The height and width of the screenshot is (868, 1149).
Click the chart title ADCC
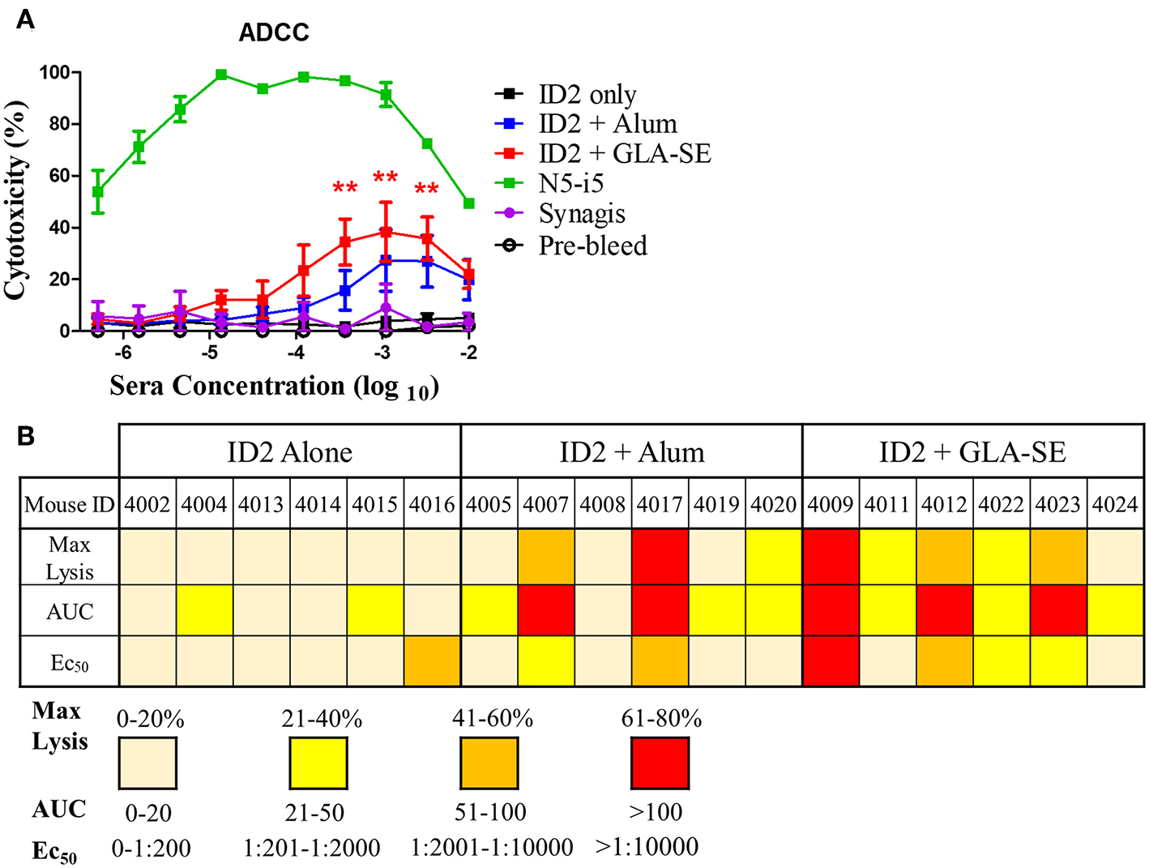[x=274, y=32]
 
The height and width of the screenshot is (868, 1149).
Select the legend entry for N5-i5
[x=570, y=184]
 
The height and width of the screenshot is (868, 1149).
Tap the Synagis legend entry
[x=581, y=214]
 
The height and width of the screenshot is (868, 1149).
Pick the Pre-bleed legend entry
[x=592, y=246]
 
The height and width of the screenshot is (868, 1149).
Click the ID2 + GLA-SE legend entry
[x=624, y=154]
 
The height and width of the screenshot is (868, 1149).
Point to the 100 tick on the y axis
[x=54, y=73]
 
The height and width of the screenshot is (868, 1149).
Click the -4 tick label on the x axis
[x=296, y=353]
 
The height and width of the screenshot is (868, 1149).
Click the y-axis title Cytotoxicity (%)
[x=15, y=200]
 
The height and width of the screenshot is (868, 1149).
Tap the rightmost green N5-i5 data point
[x=469, y=203]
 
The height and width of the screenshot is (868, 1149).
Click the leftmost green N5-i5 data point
[x=98, y=192]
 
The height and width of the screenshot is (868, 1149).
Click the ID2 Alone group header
[x=289, y=451]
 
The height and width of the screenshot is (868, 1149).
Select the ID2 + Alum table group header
[x=631, y=451]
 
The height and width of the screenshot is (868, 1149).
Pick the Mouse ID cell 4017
[x=660, y=504]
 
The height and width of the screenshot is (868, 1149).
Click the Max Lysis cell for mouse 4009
[x=831, y=557]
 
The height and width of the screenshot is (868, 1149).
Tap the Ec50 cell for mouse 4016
[x=432, y=661]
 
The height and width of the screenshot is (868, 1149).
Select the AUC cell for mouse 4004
[x=204, y=611]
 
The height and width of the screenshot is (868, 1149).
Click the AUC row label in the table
[x=70, y=611]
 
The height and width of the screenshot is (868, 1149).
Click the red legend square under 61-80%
[x=660, y=763]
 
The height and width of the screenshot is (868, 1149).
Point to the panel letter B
[x=26, y=436]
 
